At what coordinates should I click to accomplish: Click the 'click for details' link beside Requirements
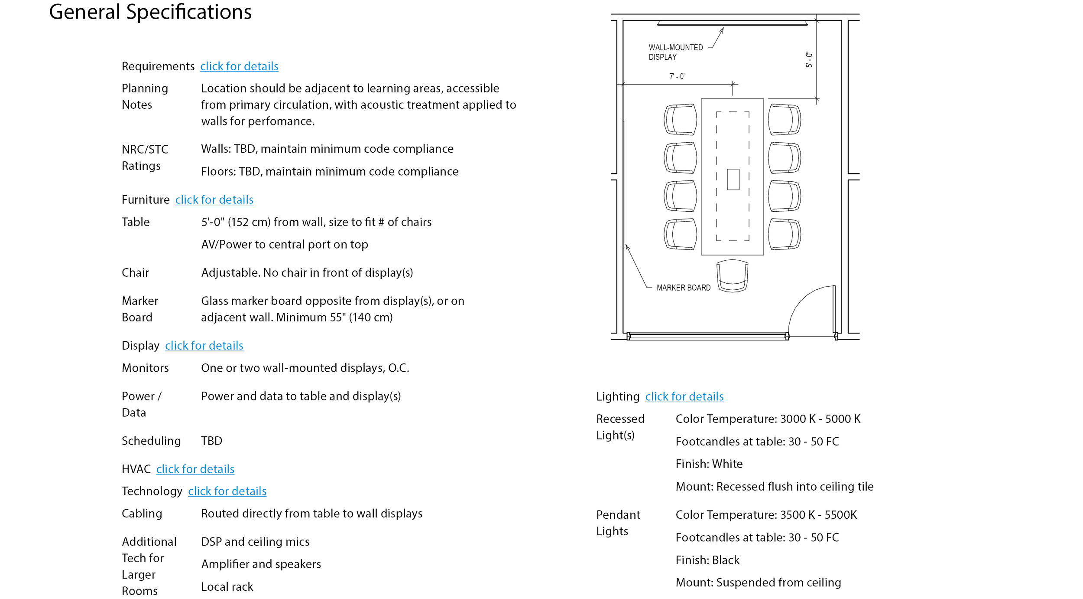tap(239, 66)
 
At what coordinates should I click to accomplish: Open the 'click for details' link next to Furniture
tap(214, 200)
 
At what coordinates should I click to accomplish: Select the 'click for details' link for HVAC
tap(195, 469)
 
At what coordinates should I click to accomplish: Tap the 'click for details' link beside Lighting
tap(684, 397)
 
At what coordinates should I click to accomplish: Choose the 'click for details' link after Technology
tap(227, 491)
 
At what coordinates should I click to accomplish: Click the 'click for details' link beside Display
tap(204, 346)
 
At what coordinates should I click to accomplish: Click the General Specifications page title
tap(150, 12)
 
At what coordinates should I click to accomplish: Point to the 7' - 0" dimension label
tap(678, 77)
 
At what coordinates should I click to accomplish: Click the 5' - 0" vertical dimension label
tap(809, 60)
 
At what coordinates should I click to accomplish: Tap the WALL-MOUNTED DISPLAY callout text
tap(675, 52)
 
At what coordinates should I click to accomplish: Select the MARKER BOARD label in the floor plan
tap(683, 288)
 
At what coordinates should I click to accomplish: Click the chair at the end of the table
tap(732, 276)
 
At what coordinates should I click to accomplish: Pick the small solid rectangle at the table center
tap(733, 179)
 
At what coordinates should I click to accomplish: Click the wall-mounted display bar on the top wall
tap(732, 23)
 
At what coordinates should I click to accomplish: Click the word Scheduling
tap(151, 441)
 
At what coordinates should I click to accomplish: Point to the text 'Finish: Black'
tap(707, 560)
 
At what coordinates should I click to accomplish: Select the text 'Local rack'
tap(227, 587)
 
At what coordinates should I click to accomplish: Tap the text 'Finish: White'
tap(709, 464)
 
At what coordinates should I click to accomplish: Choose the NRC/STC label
tap(145, 150)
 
